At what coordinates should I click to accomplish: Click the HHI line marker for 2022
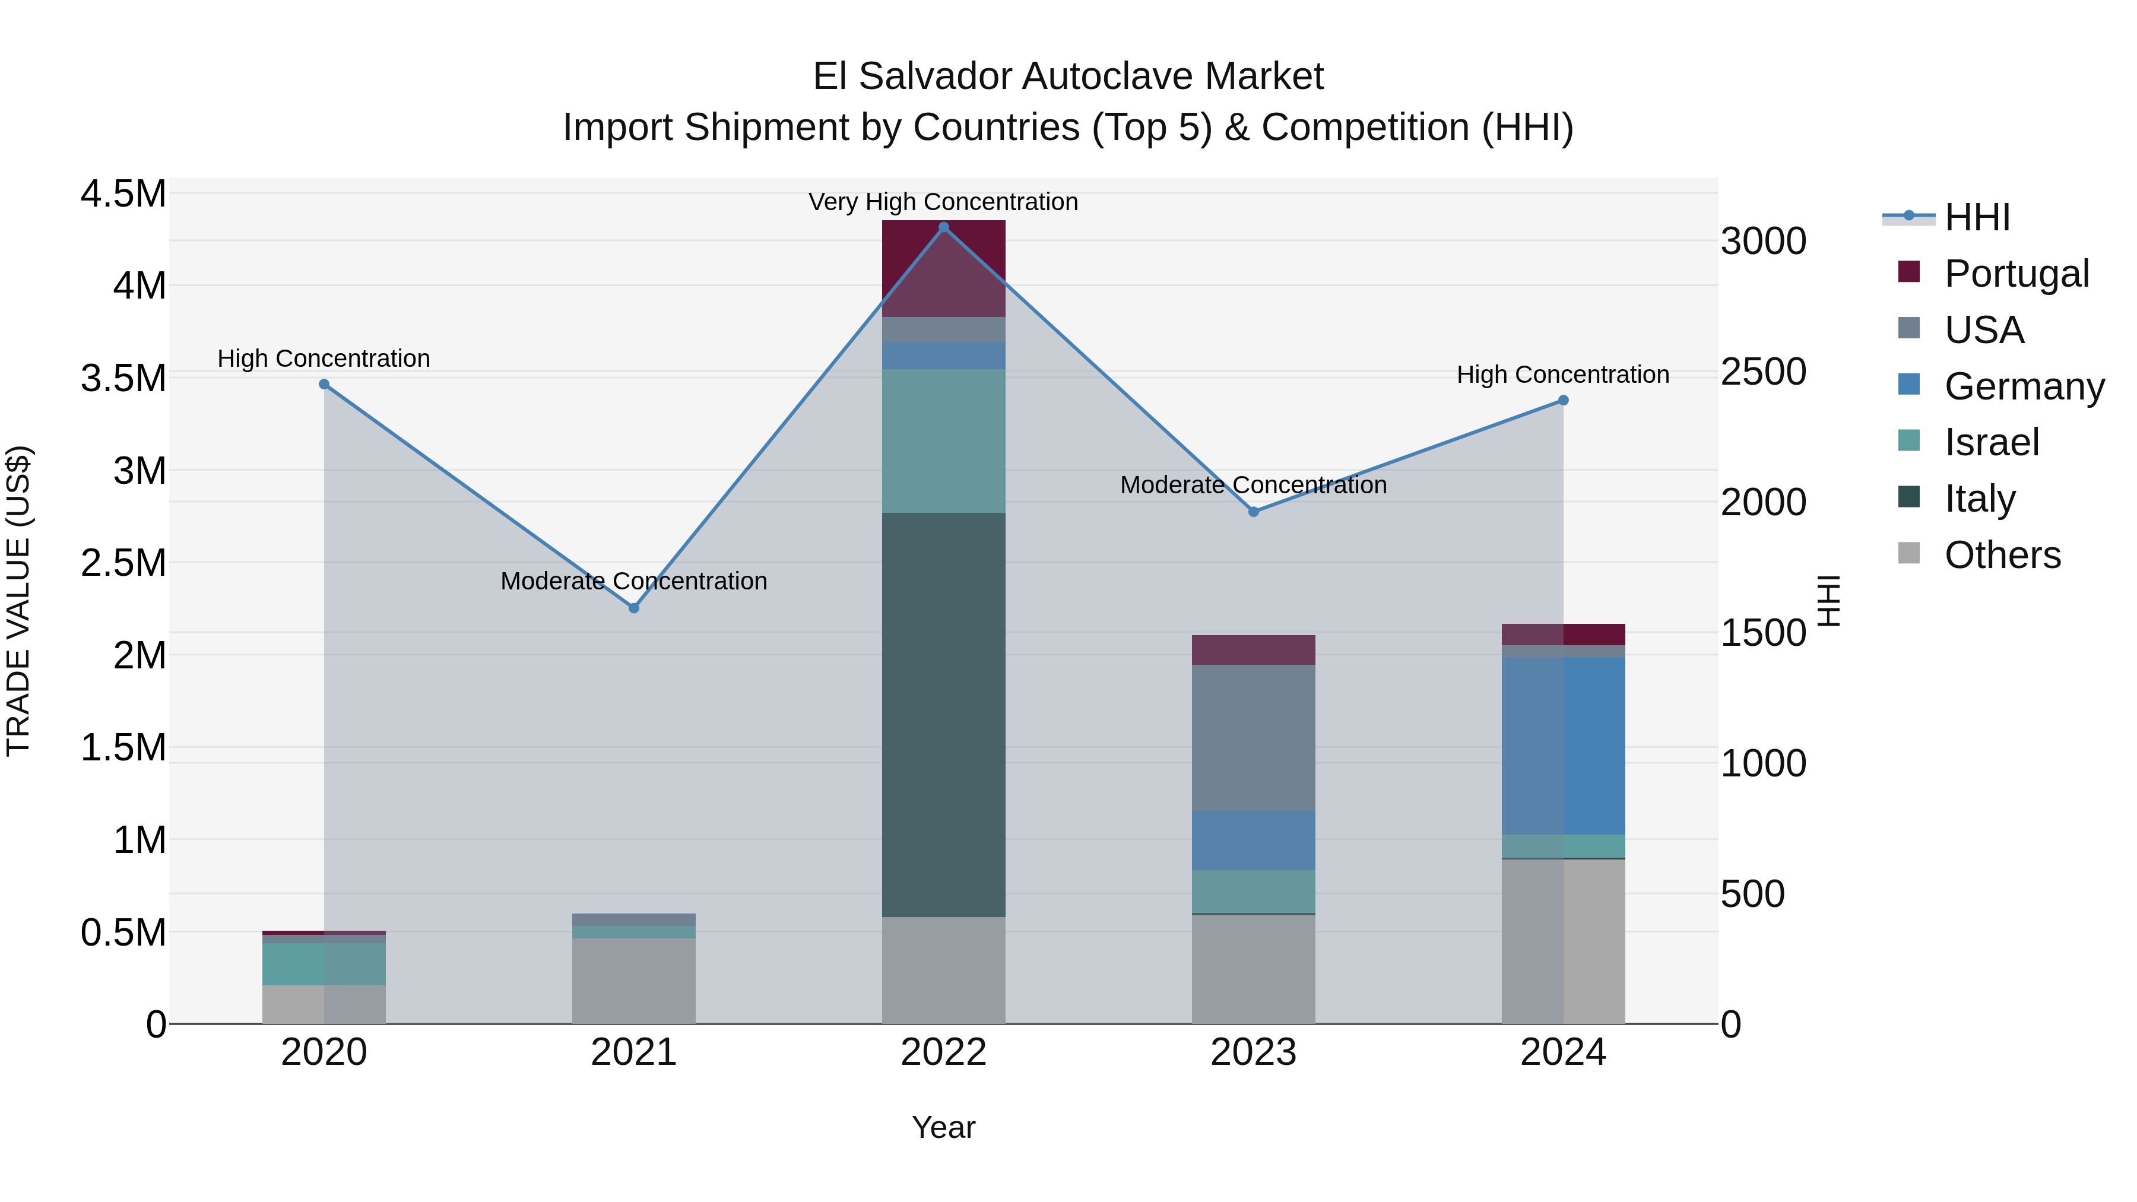[943, 227]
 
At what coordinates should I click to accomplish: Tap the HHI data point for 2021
[634, 608]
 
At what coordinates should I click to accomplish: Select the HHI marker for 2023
[1254, 512]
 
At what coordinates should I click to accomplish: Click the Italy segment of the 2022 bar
[943, 713]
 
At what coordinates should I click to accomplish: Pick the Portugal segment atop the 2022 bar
[943, 267]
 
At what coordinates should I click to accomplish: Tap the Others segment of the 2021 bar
[634, 981]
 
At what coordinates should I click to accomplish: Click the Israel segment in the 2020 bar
[324, 963]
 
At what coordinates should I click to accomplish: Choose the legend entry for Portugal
[2016, 274]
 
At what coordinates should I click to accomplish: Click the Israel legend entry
[1991, 442]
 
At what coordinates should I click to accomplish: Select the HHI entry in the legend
[1977, 217]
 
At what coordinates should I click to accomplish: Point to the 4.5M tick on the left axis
[123, 194]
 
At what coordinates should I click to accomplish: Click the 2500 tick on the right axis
[1763, 372]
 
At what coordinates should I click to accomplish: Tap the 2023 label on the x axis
[1254, 1052]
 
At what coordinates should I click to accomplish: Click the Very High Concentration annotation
[943, 202]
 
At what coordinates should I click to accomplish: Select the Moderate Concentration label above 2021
[634, 581]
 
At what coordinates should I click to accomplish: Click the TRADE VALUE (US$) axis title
[18, 601]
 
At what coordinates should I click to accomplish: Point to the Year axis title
[943, 1127]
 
